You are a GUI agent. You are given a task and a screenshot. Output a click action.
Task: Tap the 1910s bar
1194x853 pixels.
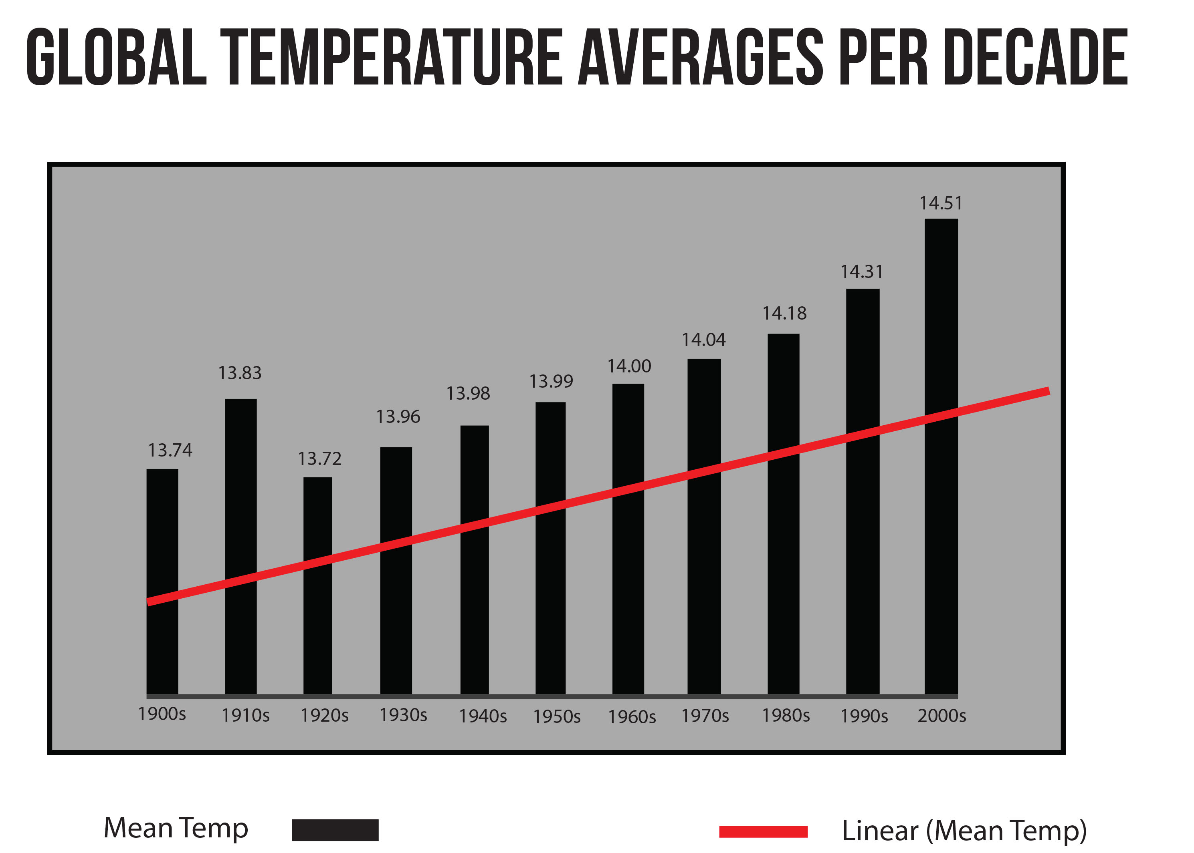point(241,546)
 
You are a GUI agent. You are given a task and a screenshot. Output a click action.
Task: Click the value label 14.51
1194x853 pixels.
point(941,203)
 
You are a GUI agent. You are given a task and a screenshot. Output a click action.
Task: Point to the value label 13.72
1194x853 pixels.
point(319,459)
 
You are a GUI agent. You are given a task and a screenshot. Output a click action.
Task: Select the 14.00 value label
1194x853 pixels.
point(629,366)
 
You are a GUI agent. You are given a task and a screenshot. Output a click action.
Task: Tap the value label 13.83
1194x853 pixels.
point(240,373)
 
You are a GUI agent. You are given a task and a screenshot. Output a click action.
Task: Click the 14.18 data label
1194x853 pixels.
point(784,314)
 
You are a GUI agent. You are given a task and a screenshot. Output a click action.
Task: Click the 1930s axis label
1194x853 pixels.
point(403,715)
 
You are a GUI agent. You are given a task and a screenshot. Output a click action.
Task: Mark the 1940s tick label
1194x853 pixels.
point(483,716)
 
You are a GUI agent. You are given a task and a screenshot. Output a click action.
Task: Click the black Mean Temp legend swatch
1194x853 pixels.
point(335,830)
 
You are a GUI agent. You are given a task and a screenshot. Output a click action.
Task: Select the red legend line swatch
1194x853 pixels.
point(763,831)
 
